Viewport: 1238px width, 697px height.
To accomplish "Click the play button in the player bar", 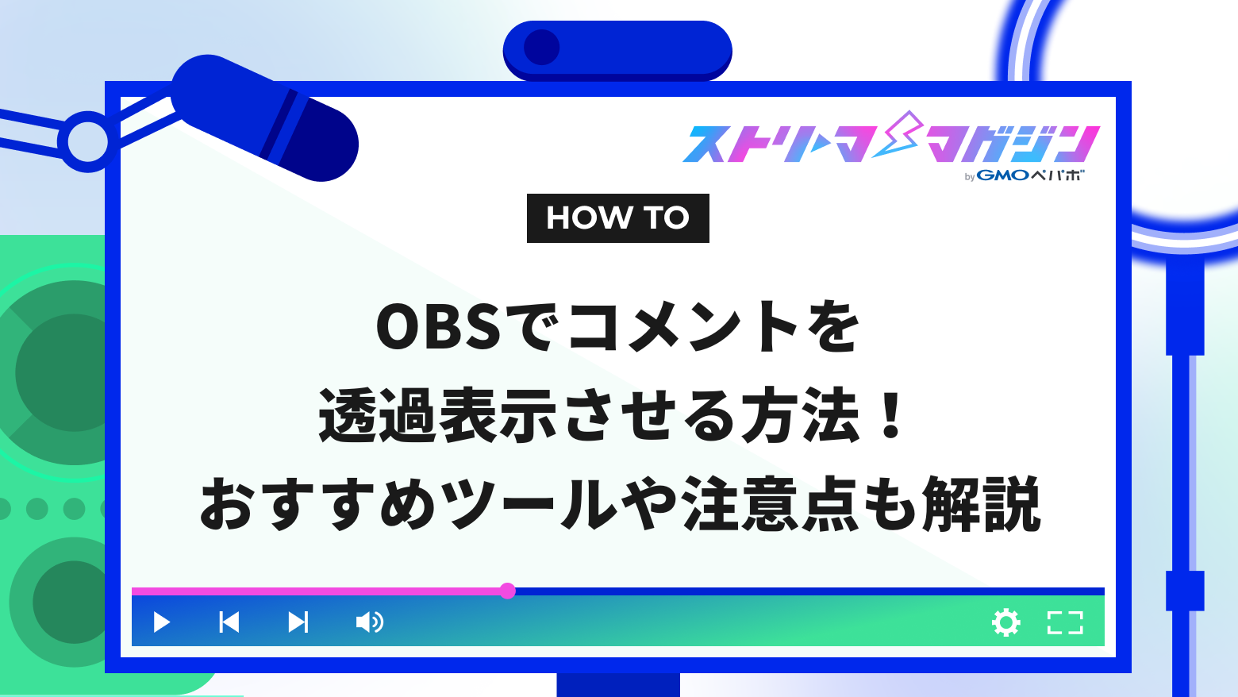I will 162,622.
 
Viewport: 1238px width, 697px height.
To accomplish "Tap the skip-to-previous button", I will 229,622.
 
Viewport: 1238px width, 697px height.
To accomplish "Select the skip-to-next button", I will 298,622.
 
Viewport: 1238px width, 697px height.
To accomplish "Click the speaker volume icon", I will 369,622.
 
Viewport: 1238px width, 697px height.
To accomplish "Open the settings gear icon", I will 1006,622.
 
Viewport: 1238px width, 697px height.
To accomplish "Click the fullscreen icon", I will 1065,622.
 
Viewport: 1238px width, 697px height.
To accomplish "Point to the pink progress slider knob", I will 508,591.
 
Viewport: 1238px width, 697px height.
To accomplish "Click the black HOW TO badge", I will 617,218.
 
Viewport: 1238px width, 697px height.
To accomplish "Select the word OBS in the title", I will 438,328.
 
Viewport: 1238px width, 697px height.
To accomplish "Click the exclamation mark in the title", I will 893,415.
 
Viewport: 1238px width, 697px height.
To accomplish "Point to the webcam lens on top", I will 542,48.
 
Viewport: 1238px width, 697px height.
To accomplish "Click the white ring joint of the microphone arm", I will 87,142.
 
